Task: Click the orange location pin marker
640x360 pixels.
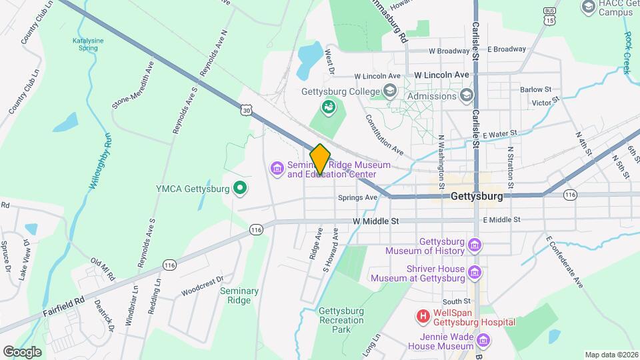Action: pyautogui.click(x=320, y=159)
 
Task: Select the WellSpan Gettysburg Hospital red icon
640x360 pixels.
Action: pyautogui.click(x=423, y=315)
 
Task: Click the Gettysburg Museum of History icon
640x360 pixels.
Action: pyautogui.click(x=474, y=245)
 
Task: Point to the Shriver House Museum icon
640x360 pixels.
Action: pyautogui.click(x=474, y=272)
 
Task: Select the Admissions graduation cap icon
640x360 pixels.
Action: pyautogui.click(x=466, y=96)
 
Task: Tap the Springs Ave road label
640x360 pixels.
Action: pyautogui.click(x=357, y=197)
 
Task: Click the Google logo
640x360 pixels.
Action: pyautogui.click(x=22, y=351)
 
